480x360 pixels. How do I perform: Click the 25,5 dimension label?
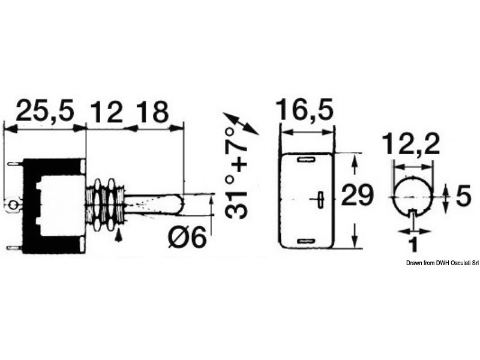tap(46, 111)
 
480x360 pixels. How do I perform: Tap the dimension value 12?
tap(107, 111)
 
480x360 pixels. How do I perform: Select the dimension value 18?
tap(152, 111)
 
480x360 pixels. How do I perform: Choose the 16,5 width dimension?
tap(304, 109)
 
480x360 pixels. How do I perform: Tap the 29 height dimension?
tap(357, 195)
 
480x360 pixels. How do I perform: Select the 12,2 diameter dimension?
tap(411, 143)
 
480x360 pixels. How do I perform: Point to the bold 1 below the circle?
tap(413, 244)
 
